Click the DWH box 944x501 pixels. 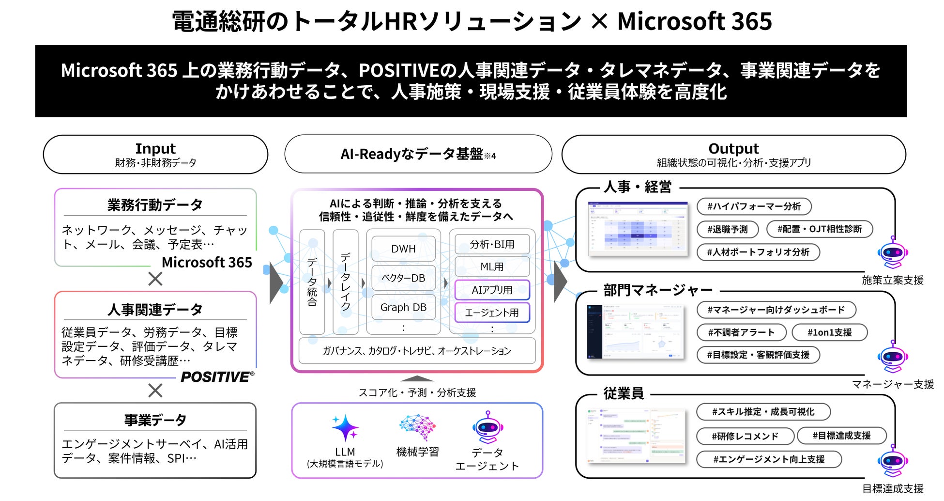pos(403,249)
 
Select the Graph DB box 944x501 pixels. pos(403,307)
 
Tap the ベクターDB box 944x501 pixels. pos(403,278)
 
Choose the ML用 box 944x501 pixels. pos(492,266)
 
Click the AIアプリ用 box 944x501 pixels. pos(492,290)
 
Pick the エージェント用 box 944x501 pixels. pos(492,313)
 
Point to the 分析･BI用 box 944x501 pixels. pos(492,244)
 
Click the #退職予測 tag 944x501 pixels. pos(727,229)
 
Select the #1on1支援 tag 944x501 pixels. pos(829,332)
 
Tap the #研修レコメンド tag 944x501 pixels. pos(745,436)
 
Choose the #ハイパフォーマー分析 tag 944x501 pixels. pos(754,206)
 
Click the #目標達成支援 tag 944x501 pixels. pos(841,436)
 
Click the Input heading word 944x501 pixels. pos(155,148)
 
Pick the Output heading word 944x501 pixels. pos(733,148)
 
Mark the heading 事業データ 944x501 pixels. pos(155,420)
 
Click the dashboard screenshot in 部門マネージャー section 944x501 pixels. pos(637,332)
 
